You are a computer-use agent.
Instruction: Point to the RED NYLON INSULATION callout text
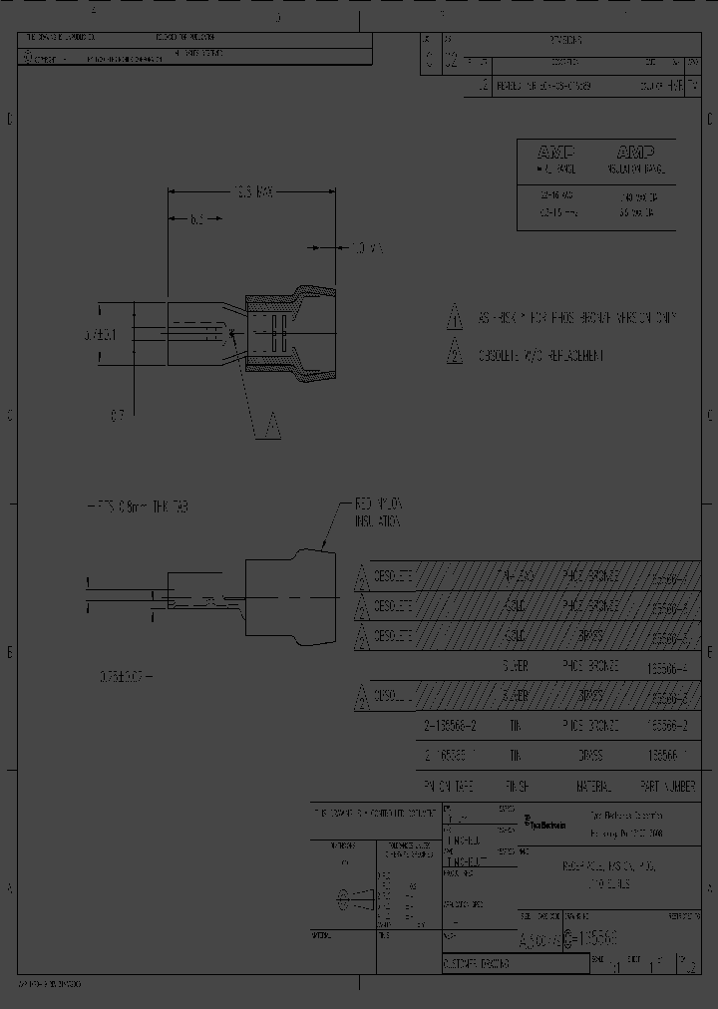point(378,512)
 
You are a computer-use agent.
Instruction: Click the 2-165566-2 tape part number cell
point(452,726)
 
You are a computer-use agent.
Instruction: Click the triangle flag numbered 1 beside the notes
point(454,318)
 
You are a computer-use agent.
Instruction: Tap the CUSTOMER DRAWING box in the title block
point(476,964)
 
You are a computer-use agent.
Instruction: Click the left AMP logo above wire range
point(555,153)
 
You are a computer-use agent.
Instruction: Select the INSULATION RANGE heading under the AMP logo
point(636,170)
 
